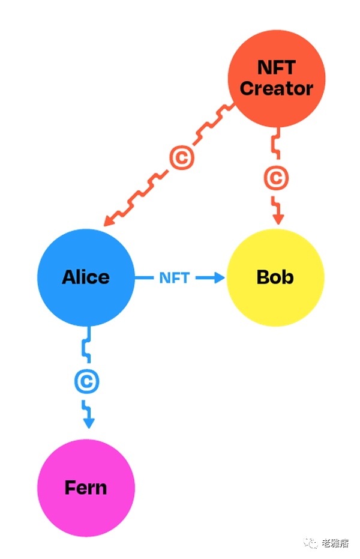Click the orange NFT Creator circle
pos(277,79)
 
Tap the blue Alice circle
pos(86,277)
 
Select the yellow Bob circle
pos(275,277)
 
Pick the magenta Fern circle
pos(86,488)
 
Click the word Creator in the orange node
pos(277,89)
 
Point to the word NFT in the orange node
pos(277,67)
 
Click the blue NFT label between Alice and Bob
pos(174,278)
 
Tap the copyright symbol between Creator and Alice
pos(182,158)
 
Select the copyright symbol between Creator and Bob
pos(276,178)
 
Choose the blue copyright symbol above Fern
pos(88,382)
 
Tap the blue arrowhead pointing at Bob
pos(218,277)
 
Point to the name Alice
pos(86,277)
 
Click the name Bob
pos(275,277)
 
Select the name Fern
pos(86,488)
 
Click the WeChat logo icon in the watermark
pos(311,543)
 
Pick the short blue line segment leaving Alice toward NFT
pos(144,277)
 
